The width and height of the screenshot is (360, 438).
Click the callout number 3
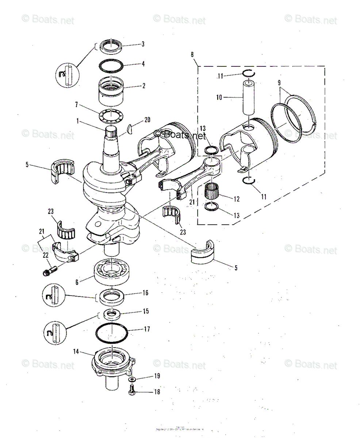pos(143,44)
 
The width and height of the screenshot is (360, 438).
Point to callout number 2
pos(144,86)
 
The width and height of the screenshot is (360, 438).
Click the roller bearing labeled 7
pos(111,116)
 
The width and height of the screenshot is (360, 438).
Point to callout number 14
pos(76,352)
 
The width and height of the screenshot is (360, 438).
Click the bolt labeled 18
pos(132,391)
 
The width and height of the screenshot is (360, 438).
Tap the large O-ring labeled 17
pos(111,333)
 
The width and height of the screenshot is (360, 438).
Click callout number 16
pos(145,293)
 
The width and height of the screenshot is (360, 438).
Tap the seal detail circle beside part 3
pos(68,75)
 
